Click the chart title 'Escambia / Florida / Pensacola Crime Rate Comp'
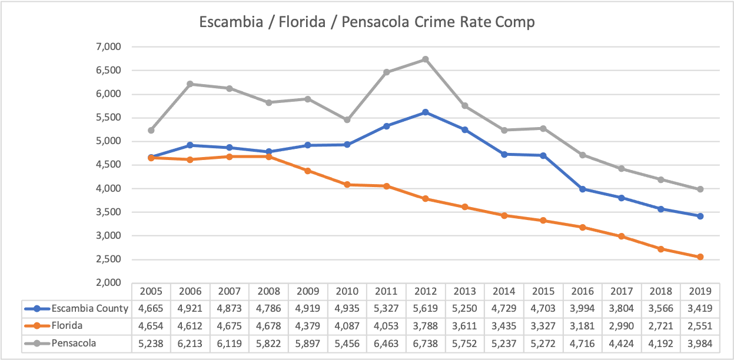(x=367, y=22)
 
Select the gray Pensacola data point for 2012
(x=426, y=59)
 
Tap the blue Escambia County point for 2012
(x=426, y=112)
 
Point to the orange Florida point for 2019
(x=700, y=257)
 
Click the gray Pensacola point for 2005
(x=151, y=130)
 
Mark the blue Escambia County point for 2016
(x=583, y=189)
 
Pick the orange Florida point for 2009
(x=308, y=171)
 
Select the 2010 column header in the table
(x=347, y=291)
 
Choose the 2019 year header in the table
(x=700, y=291)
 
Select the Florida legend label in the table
(x=67, y=325)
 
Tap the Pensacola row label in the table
(x=72, y=342)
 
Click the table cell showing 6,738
(x=426, y=342)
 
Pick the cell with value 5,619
(x=426, y=308)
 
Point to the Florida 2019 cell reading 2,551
(x=700, y=325)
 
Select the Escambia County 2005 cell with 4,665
(x=151, y=308)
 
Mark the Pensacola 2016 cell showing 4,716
(x=583, y=342)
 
